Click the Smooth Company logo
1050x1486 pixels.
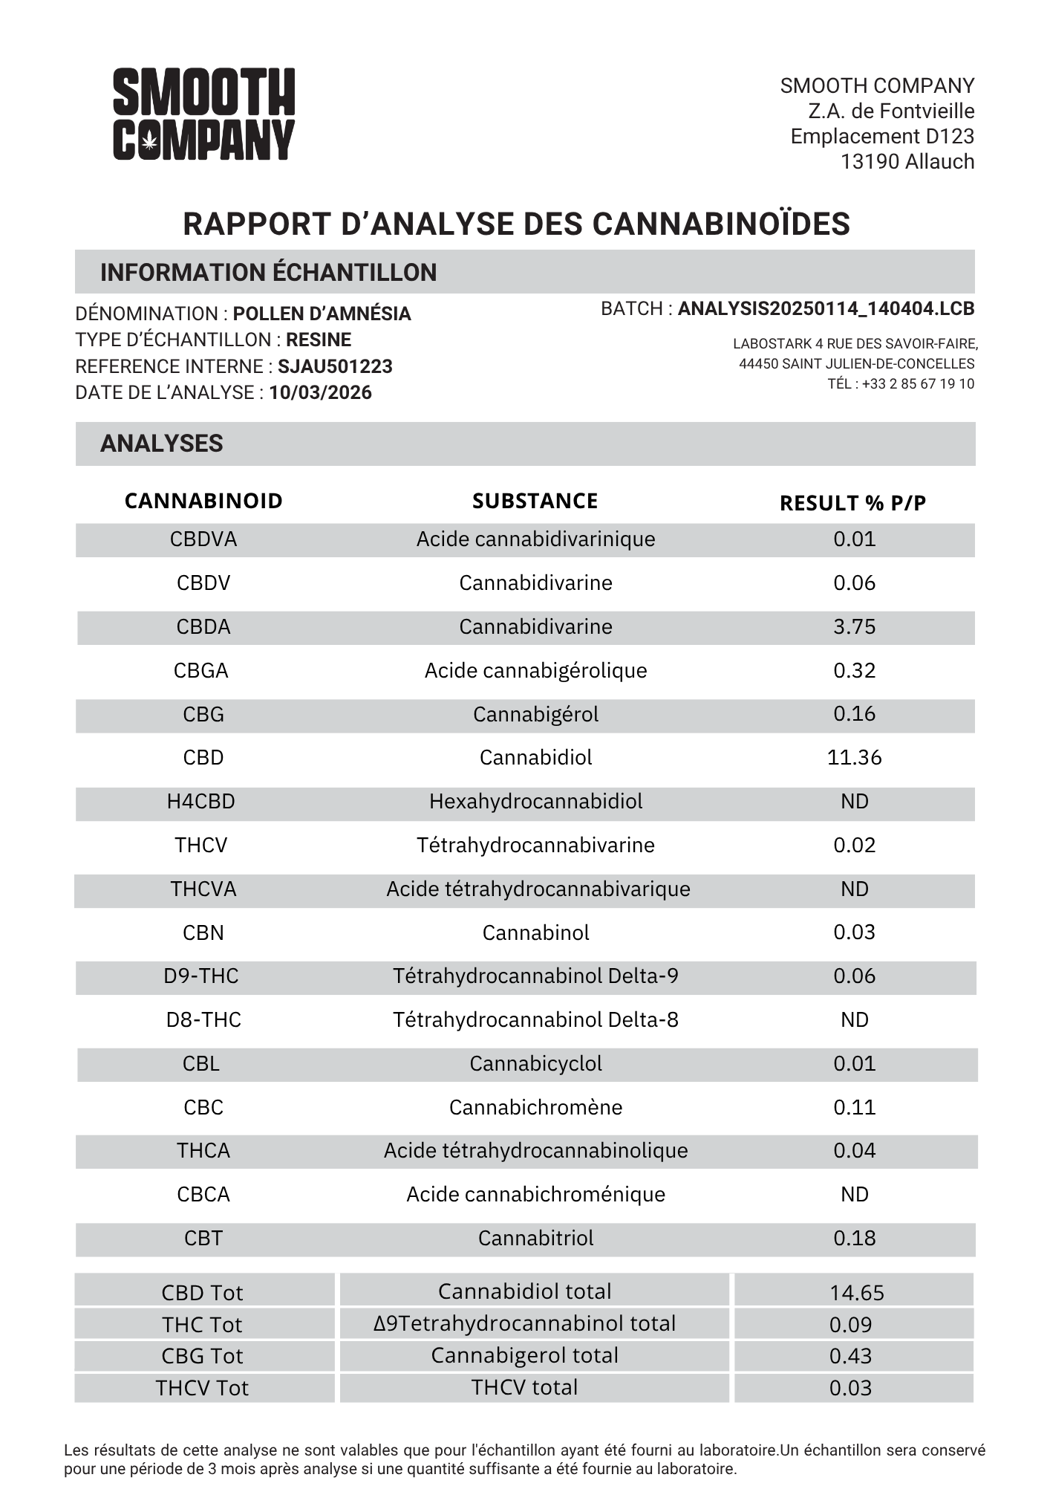(x=203, y=114)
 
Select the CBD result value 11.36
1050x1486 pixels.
(x=854, y=758)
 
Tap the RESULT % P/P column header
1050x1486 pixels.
(x=852, y=503)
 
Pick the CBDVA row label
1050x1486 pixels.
(x=203, y=539)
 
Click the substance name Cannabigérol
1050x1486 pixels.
(x=535, y=715)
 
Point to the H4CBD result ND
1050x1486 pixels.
(x=854, y=802)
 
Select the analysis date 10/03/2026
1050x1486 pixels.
(x=320, y=392)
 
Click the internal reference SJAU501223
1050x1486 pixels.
(x=335, y=366)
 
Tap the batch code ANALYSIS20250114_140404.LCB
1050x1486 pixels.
(x=826, y=309)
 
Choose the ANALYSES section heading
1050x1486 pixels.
(x=162, y=444)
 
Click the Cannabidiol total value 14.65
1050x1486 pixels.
(x=856, y=1293)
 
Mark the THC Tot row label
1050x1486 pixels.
(x=202, y=1325)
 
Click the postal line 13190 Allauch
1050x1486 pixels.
(x=907, y=162)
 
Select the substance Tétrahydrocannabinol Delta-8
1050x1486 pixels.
(x=535, y=1020)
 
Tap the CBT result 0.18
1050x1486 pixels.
(x=854, y=1239)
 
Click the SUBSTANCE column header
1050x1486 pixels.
(x=535, y=501)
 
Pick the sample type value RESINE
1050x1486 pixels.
(x=319, y=340)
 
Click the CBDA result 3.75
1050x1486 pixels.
(x=854, y=627)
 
